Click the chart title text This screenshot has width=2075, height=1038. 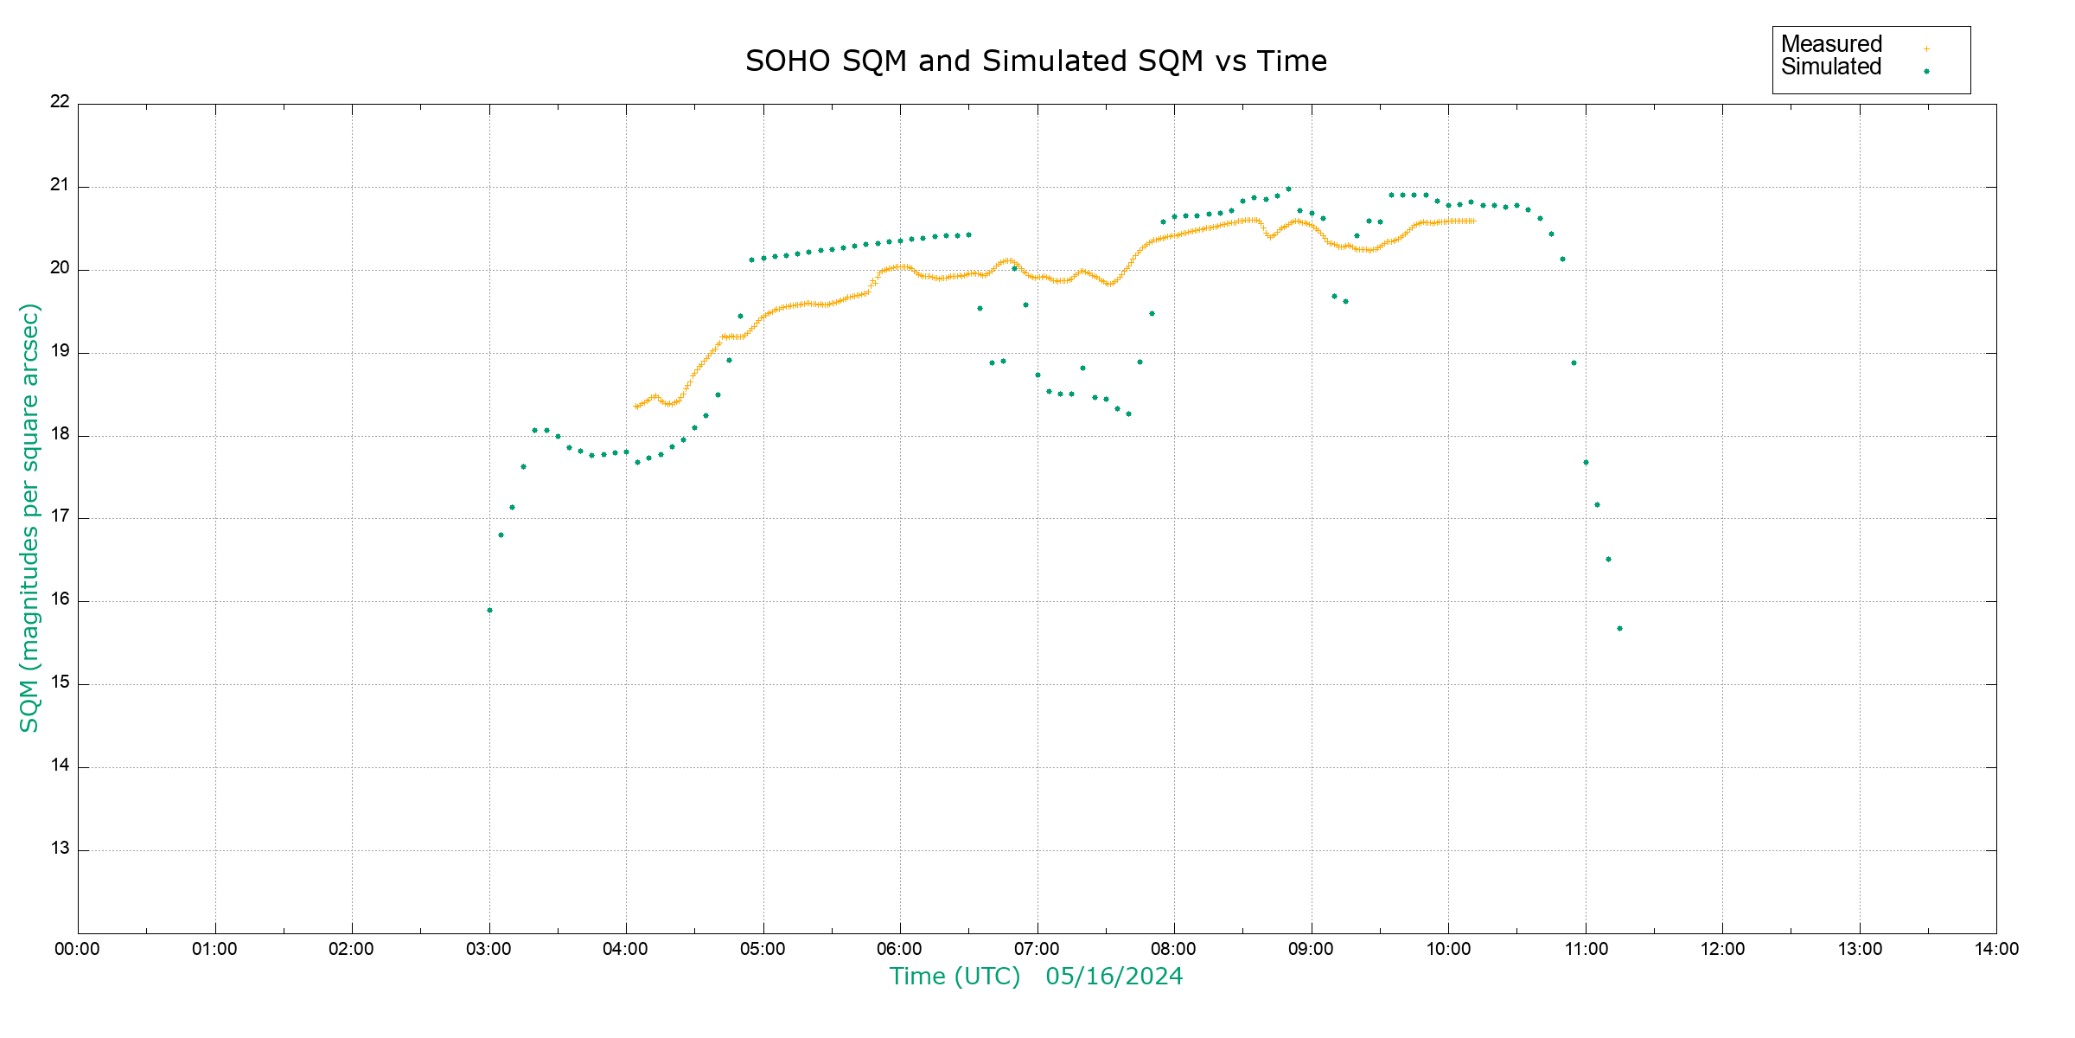tap(1036, 61)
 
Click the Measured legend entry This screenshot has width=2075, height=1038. tap(1831, 44)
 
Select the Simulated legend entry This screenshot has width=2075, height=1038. tap(1831, 67)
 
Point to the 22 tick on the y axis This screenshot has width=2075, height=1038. tap(60, 101)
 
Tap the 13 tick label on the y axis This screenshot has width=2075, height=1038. tap(60, 849)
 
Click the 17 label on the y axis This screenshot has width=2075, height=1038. tap(60, 516)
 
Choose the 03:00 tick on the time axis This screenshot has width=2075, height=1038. tap(488, 949)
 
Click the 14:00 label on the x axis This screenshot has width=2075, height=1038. tap(1996, 949)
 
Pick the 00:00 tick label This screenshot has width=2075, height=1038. tap(77, 949)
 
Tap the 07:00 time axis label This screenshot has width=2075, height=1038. tap(1037, 949)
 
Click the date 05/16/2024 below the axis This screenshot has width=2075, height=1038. tap(1114, 977)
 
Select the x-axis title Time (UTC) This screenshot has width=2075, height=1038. tap(954, 977)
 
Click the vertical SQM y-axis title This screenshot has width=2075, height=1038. tap(29, 517)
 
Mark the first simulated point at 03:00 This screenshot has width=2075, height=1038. tap(489, 611)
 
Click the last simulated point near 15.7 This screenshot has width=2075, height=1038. tap(1619, 629)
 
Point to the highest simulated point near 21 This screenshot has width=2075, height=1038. tap(1288, 189)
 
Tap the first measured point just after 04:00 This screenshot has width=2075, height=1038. tap(636, 407)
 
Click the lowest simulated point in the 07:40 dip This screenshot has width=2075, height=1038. tap(1128, 414)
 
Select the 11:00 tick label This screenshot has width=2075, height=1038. tap(1586, 949)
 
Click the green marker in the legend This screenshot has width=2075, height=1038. tap(1926, 71)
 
